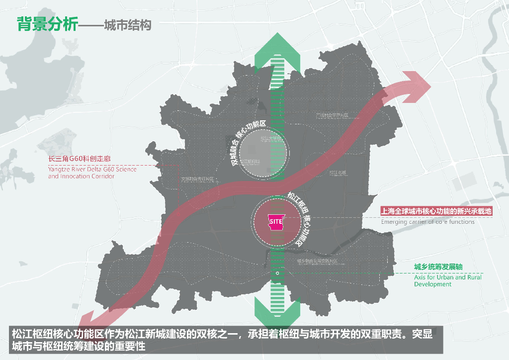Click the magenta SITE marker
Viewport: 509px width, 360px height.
tap(276, 220)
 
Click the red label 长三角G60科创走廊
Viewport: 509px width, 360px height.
tap(80, 159)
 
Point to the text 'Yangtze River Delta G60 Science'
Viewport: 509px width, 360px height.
tap(92, 169)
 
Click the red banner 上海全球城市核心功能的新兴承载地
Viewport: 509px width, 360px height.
tap(436, 211)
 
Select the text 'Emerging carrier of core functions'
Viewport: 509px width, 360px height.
tap(427, 222)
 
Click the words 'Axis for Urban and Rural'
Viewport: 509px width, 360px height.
tap(448, 277)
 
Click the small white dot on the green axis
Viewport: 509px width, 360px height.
tap(277, 273)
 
